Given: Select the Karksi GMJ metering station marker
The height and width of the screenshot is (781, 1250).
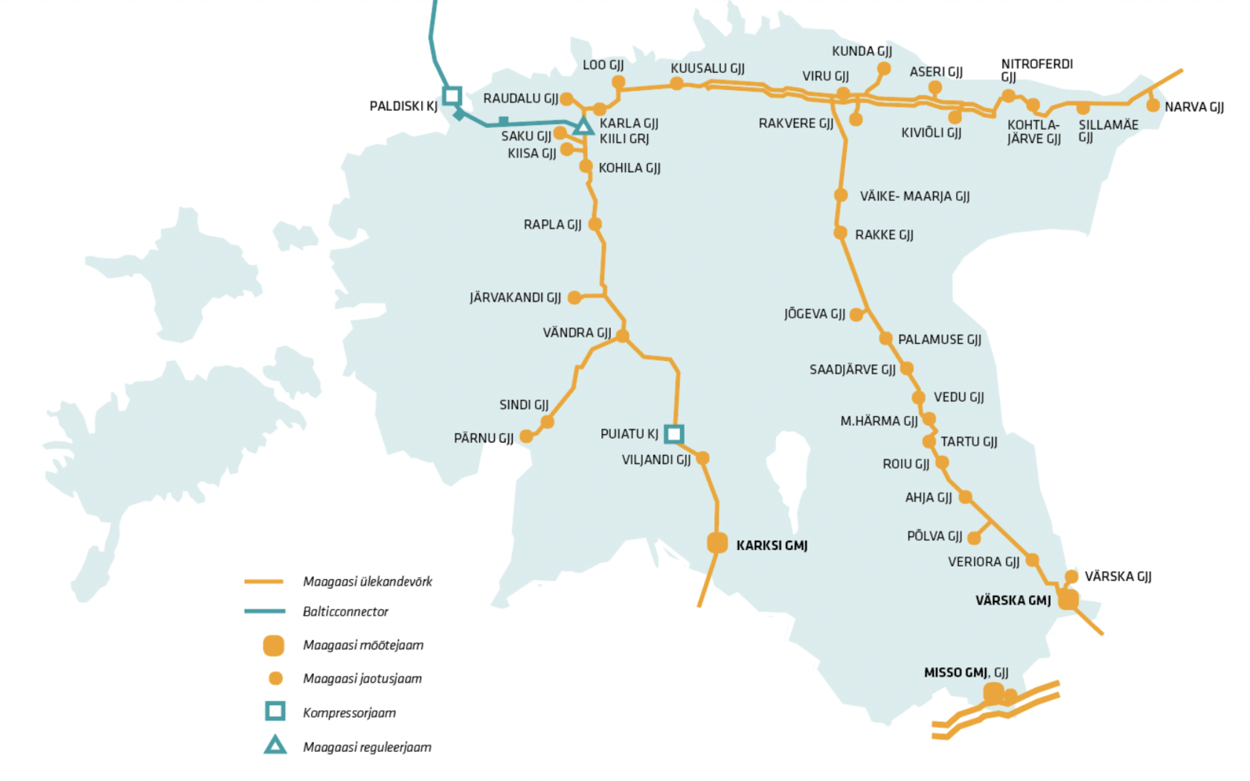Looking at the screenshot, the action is [717, 543].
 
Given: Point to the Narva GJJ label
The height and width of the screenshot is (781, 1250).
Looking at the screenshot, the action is [1194, 107].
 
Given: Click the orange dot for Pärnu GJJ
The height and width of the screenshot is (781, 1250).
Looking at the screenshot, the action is [526, 436].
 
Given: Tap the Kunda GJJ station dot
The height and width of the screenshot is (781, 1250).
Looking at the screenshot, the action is [884, 68].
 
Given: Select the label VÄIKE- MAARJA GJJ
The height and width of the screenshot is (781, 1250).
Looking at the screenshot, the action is [914, 197].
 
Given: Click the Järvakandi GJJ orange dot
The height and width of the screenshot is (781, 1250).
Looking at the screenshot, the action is [574, 298].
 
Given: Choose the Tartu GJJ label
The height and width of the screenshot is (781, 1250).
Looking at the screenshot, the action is [969, 442].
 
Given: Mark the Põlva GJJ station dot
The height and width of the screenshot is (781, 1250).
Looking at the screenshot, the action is [974, 538].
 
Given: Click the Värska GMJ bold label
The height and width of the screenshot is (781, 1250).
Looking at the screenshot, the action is [1013, 601].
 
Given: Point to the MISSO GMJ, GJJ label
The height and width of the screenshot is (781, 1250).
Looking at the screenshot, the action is [966, 673].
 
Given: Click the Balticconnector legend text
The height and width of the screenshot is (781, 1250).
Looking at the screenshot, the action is [345, 612].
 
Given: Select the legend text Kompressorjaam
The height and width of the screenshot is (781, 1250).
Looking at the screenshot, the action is [350, 713].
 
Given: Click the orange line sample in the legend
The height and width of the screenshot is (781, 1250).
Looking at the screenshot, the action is [264, 581].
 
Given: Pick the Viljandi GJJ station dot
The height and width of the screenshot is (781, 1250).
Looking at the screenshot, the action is [702, 459].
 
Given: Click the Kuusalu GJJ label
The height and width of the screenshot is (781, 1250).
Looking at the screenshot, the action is [708, 68].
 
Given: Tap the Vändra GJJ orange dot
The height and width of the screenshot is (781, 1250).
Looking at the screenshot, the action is [622, 336].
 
